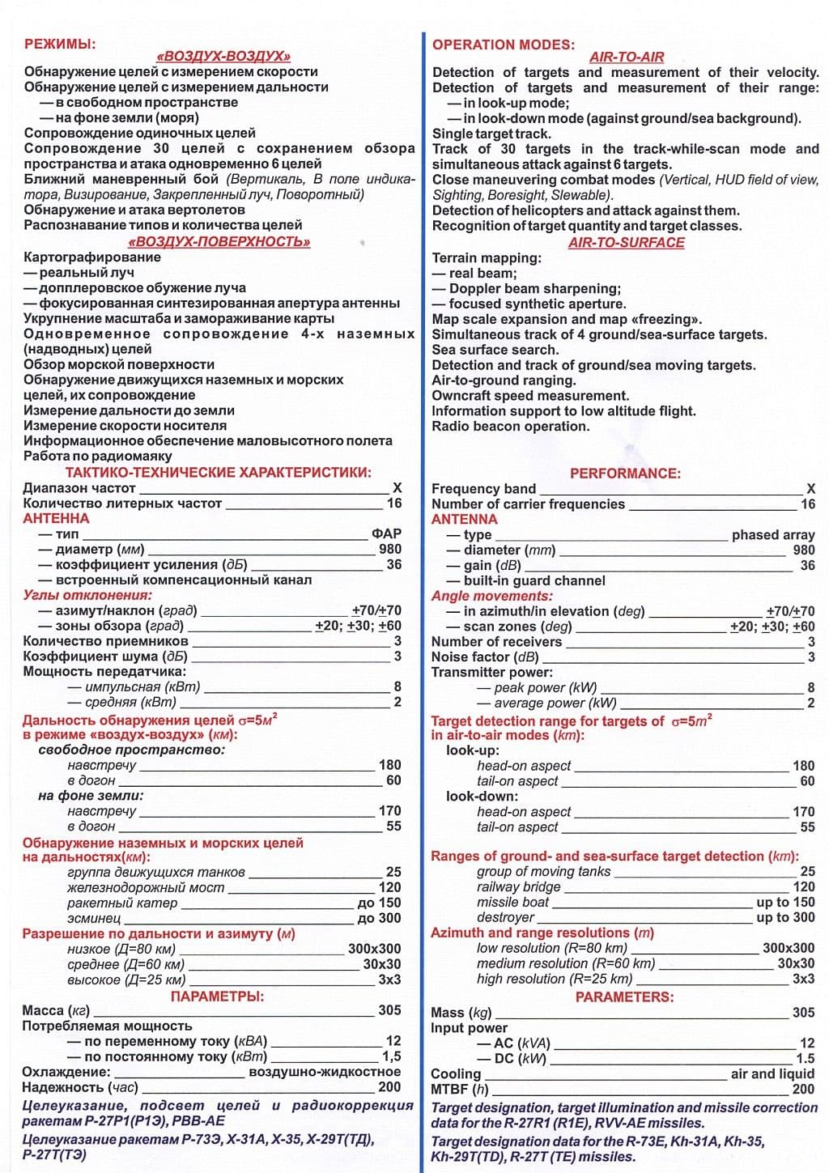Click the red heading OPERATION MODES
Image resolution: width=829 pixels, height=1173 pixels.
point(503,45)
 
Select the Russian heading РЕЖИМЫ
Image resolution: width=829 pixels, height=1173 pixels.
point(60,44)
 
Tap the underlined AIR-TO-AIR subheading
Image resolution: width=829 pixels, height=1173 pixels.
point(626,57)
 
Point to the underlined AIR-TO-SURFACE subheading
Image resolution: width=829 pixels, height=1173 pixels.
point(626,242)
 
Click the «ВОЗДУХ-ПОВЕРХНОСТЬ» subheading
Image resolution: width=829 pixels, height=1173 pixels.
point(219,241)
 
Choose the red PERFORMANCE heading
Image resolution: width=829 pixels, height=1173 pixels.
point(625,473)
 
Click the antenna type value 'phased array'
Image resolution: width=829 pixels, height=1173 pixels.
point(772,534)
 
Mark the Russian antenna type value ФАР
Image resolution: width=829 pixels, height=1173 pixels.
point(386,533)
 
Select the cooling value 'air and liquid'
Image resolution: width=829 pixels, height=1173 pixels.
point(772,1073)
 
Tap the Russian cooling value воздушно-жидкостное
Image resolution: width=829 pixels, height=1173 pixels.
point(325,1072)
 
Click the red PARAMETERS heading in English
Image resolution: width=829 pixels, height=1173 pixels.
point(624,997)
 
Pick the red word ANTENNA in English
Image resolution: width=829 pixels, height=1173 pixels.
point(464,519)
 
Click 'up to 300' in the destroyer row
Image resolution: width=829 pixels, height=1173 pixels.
point(785,917)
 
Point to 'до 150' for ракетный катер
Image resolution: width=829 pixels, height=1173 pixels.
point(379,903)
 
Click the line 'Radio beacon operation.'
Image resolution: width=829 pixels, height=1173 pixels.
point(510,427)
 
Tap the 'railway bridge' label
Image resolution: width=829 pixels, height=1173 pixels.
point(518,886)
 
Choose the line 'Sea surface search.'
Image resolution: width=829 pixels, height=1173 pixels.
point(495,350)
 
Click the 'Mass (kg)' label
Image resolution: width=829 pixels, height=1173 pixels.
point(461,1013)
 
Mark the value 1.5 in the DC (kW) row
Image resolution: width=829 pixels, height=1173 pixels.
point(805,1058)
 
